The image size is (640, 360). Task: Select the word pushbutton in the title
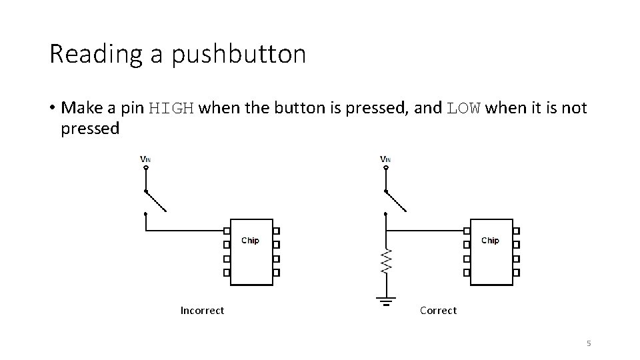(x=238, y=55)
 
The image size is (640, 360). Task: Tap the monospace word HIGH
(x=171, y=108)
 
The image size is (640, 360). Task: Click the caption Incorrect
(x=202, y=311)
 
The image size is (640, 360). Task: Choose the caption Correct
(x=438, y=311)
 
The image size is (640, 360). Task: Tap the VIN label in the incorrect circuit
(x=145, y=159)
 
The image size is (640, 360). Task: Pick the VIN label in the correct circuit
(x=385, y=159)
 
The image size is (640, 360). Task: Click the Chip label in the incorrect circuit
(x=250, y=240)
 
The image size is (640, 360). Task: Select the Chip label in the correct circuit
(x=490, y=240)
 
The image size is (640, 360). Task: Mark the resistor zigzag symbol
(x=385, y=261)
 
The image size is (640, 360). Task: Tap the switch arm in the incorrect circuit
(x=155, y=201)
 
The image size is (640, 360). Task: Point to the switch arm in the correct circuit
(x=395, y=201)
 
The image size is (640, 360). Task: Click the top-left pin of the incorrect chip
(x=227, y=231)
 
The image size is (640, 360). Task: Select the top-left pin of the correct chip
(x=467, y=231)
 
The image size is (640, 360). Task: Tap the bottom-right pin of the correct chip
(x=516, y=273)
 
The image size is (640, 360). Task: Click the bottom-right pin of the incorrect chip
(x=276, y=273)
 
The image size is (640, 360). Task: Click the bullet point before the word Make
(x=51, y=108)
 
